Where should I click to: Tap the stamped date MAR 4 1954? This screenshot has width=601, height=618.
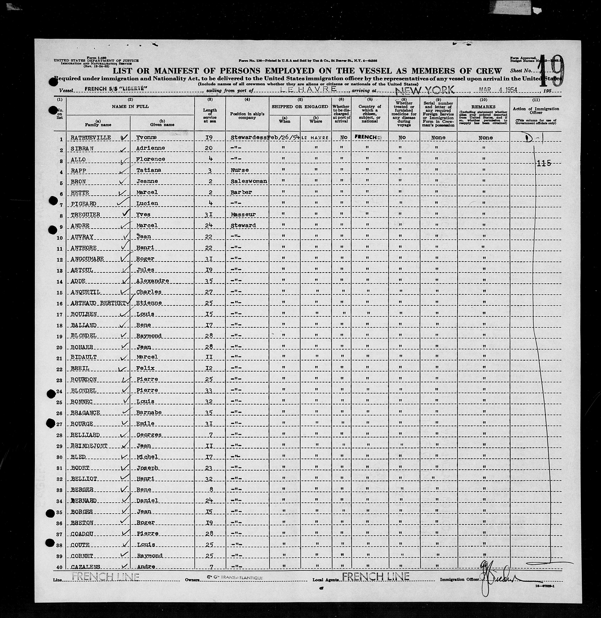pyautogui.click(x=498, y=90)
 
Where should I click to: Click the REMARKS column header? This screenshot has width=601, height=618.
pyautogui.click(x=483, y=107)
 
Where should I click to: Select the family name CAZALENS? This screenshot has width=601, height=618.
pyautogui.click(x=85, y=567)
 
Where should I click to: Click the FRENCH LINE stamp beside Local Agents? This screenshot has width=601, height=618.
pyautogui.click(x=376, y=577)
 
